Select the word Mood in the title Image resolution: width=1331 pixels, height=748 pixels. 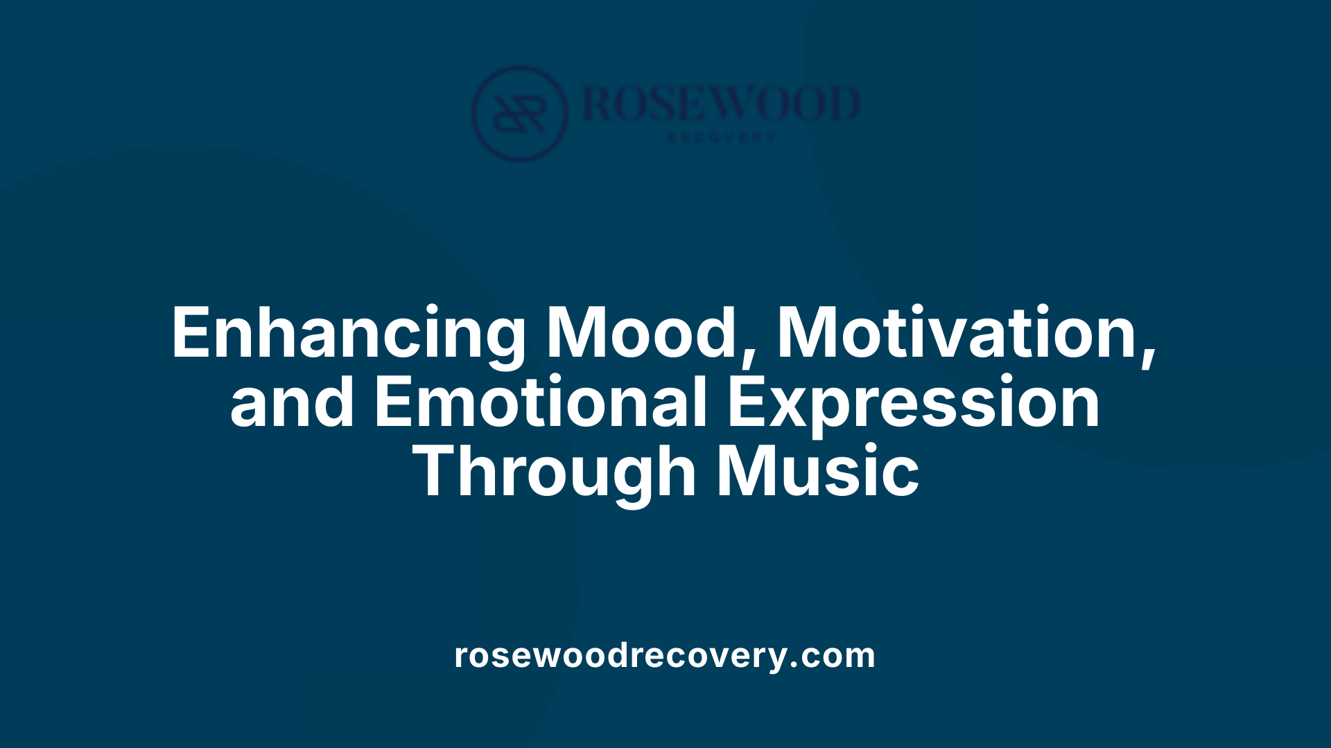(x=641, y=334)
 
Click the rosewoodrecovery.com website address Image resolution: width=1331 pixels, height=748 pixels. (x=665, y=655)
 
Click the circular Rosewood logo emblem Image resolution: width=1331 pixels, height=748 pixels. (x=519, y=114)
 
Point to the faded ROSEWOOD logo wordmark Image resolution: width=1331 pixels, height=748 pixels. (x=721, y=104)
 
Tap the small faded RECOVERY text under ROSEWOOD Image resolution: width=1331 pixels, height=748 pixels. (x=721, y=138)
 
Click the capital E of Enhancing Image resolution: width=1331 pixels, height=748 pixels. (x=189, y=334)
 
